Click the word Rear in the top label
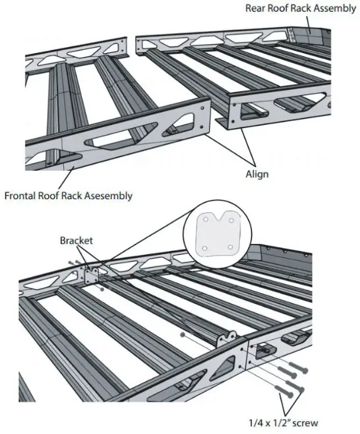(x=257, y=8)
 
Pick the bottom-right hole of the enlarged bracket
(x=231, y=246)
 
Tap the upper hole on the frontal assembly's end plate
(x=204, y=102)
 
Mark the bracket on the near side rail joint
(x=246, y=354)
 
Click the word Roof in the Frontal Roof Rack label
(x=61, y=194)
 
